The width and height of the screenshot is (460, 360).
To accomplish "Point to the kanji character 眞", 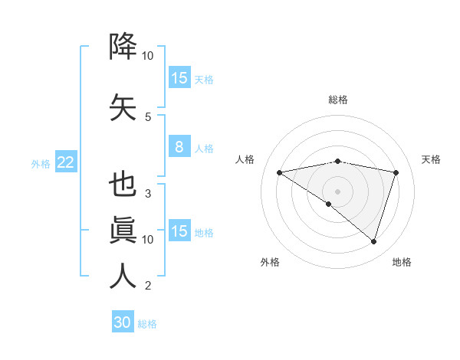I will (123, 230).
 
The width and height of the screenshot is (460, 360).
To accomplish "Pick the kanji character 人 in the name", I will (123, 277).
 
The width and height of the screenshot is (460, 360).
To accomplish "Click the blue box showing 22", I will (65, 162).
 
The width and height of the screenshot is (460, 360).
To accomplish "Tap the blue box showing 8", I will (179, 147).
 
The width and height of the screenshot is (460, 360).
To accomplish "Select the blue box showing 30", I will (123, 322).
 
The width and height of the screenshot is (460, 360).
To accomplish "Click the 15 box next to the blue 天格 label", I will (179, 78).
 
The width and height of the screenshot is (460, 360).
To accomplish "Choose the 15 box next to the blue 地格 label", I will (179, 231).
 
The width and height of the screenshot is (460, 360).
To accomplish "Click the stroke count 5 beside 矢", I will (148, 117).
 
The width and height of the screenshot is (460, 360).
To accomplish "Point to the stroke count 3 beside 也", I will (148, 194).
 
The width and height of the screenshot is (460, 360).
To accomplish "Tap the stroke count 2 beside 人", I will (148, 286).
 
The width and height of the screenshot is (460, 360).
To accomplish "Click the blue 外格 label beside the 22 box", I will (41, 163).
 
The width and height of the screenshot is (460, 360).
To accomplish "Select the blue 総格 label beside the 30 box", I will (147, 324).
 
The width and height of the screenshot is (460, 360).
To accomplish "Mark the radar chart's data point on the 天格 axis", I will (396, 172).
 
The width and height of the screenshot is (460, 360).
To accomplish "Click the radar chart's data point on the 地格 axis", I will (373, 241).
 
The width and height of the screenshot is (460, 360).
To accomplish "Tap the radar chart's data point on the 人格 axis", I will (280, 172).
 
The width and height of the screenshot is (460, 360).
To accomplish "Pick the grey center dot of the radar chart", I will (337, 191).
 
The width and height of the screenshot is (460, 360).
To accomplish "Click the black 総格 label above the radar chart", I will (337, 100).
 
